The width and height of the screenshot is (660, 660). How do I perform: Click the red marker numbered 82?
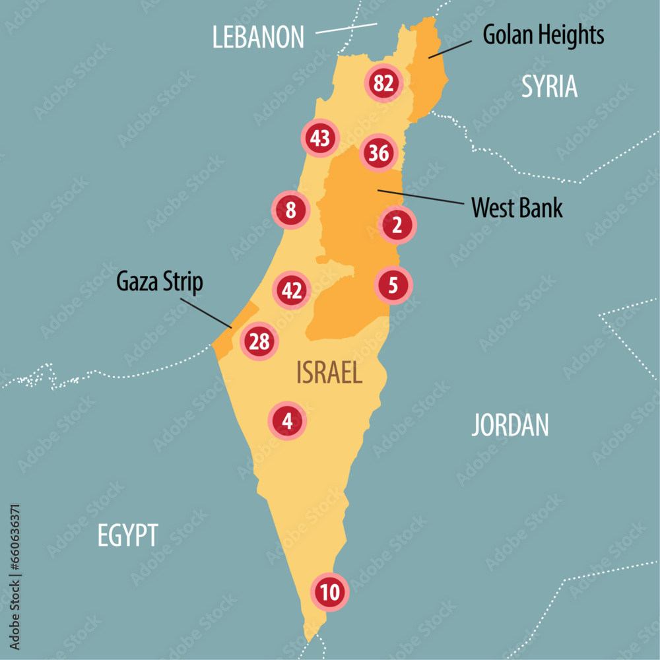383,83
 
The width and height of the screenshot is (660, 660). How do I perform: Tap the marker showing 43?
319,139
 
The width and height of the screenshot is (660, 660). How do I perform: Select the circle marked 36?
379,153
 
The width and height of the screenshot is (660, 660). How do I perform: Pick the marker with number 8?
290,211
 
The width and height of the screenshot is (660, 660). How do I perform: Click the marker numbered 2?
397,226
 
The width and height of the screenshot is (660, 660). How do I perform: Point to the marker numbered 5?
393,286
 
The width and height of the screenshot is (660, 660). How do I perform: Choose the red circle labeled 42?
292,290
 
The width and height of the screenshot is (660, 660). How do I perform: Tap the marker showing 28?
259,342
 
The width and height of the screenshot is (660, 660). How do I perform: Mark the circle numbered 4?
286,420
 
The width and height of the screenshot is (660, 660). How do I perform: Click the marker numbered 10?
330,592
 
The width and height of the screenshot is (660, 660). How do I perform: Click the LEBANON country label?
258,37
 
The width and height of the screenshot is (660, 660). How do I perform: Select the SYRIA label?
549,86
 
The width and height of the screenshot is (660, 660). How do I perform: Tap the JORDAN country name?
510,426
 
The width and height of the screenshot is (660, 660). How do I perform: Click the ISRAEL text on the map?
329,374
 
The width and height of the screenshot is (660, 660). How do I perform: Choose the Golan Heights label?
543,35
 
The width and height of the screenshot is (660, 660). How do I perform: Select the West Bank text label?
517,208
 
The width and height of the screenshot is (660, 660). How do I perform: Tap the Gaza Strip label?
160,282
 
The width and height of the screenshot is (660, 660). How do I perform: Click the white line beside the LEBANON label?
346,28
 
